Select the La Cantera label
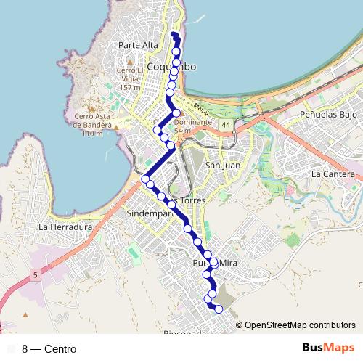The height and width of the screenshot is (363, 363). coord(333,174)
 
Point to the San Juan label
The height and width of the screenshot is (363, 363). coord(223,166)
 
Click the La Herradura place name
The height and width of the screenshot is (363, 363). coord(66,227)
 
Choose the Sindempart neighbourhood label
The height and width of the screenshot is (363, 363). coord(148,214)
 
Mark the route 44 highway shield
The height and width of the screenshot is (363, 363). coord(227,125)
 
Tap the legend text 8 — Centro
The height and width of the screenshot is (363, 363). coord(49,349)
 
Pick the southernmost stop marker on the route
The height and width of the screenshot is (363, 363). coord(219,310)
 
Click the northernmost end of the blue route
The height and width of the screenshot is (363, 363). coord(174,33)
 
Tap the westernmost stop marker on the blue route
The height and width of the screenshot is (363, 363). coord(145,179)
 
